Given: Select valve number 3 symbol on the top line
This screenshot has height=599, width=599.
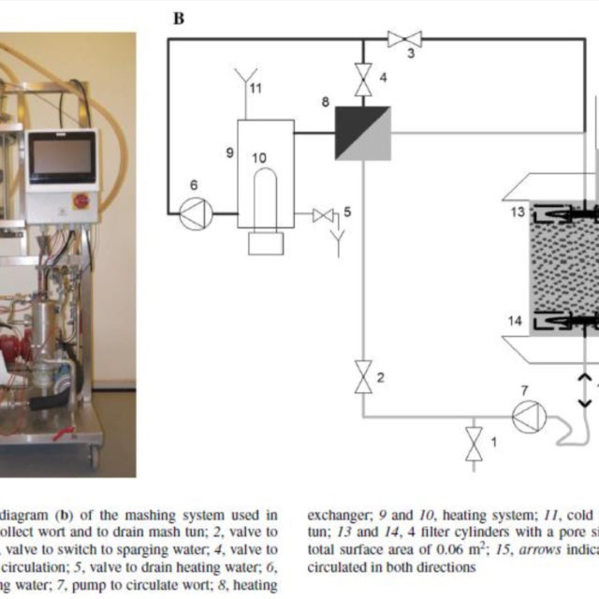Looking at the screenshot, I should (x=404, y=37).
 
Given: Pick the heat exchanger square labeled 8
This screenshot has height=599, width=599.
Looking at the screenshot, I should (x=362, y=132).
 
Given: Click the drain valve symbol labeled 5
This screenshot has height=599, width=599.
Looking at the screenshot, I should (x=325, y=216).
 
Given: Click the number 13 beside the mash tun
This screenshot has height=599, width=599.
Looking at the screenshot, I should (x=517, y=212).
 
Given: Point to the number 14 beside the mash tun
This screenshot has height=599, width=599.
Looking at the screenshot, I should (x=516, y=321).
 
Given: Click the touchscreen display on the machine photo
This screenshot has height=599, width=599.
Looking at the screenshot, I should (x=62, y=158).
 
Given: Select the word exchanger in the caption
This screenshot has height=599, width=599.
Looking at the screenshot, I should (x=342, y=514).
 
